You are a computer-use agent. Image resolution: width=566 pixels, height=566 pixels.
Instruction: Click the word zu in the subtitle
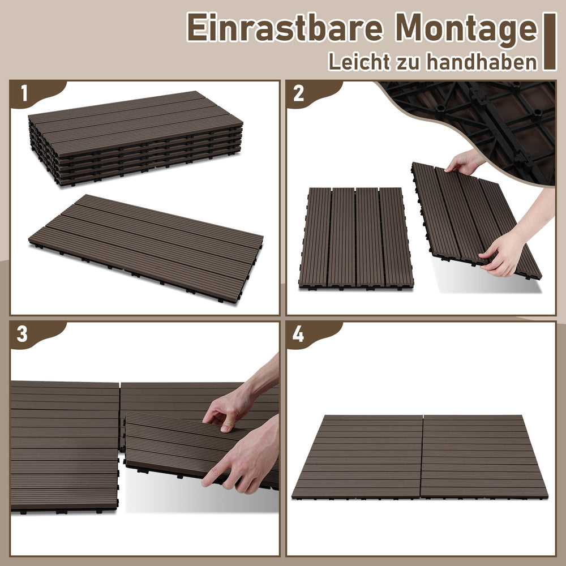(408, 63)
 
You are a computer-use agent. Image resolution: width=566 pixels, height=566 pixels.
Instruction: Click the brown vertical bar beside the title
(550, 41)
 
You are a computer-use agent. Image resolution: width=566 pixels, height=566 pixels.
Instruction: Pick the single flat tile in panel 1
(146, 248)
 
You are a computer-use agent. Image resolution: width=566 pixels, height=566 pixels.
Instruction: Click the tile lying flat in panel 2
(356, 238)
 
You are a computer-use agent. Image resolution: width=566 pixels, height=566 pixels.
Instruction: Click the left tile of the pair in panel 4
(357, 457)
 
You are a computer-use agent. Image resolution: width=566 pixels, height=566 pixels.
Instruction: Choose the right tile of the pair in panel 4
(484, 457)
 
